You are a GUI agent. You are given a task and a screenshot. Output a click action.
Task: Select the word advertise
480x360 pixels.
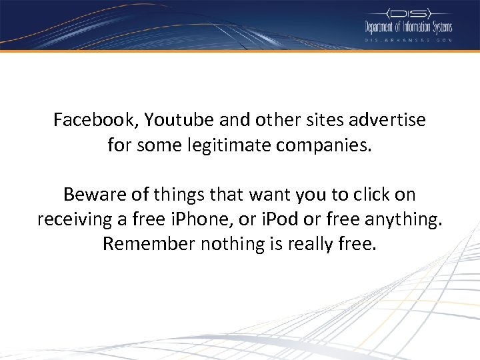point(387,121)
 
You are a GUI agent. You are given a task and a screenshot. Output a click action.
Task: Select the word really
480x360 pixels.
point(312,243)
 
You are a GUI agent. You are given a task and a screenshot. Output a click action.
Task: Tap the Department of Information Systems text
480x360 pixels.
point(408,27)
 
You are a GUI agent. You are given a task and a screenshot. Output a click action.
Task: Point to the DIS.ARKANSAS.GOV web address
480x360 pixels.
point(408,40)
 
